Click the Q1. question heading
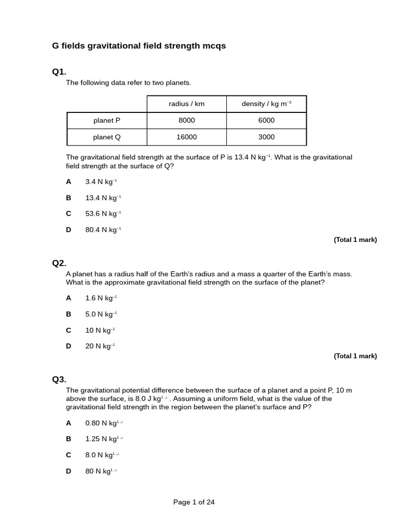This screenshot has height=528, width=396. click(59, 72)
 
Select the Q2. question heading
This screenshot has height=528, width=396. click(59, 263)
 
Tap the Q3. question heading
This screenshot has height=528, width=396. click(59, 379)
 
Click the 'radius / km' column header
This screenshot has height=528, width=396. click(187, 104)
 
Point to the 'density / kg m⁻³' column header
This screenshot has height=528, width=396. click(266, 104)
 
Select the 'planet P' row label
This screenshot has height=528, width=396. click(107, 120)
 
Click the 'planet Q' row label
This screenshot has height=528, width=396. click(107, 137)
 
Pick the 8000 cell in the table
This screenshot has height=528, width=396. click(187, 120)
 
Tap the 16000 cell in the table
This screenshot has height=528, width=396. click(187, 137)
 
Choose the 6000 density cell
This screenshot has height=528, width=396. click(266, 120)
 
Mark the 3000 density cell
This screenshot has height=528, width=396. click(266, 137)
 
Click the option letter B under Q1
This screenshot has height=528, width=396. click(69, 197)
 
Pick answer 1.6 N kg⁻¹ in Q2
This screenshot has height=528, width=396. click(101, 298)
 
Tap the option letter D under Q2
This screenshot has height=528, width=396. click(69, 346)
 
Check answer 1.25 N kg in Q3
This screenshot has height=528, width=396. click(104, 439)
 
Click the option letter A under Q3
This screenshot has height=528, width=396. click(69, 423)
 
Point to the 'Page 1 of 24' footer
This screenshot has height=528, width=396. click(194, 502)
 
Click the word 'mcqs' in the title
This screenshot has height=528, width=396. click(213, 46)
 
